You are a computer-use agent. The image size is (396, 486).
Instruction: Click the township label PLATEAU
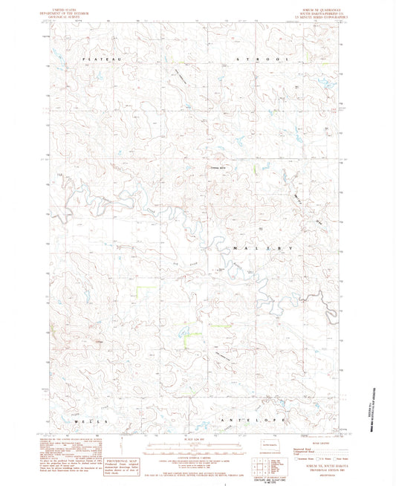point(98,57)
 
